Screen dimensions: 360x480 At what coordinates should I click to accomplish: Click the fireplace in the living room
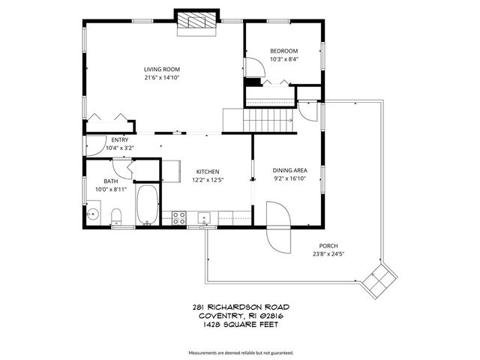pyautogui.click(x=196, y=22)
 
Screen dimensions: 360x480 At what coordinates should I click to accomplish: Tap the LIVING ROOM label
pyautogui.click(x=162, y=69)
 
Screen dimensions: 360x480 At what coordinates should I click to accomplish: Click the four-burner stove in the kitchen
pyautogui.click(x=180, y=217)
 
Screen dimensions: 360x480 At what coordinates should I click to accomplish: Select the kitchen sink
pyautogui.click(x=204, y=218)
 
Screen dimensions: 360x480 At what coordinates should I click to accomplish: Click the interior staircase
pyautogui.click(x=268, y=119)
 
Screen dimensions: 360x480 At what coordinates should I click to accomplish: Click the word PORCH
pyautogui.click(x=328, y=245)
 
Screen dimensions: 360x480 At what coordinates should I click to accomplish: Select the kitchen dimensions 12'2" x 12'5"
pyautogui.click(x=207, y=180)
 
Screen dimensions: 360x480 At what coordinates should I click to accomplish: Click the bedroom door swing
pyautogui.click(x=255, y=81)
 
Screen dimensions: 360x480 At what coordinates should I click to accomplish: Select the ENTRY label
pyautogui.click(x=119, y=139)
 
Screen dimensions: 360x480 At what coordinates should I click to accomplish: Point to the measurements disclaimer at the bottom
pyautogui.click(x=240, y=352)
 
